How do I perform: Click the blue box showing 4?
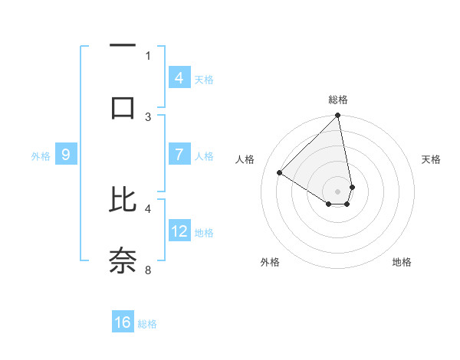179,77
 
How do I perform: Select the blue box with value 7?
179,155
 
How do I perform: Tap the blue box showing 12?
179,231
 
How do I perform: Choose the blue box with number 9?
66,155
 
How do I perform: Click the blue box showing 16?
123,322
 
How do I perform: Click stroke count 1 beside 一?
148,55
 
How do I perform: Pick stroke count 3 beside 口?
148,116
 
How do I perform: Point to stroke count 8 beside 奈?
148,269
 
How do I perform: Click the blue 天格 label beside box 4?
204,79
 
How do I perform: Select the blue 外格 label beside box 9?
41,156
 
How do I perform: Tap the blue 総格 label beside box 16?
148,324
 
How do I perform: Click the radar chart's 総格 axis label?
338,100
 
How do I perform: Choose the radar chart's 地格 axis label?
402,262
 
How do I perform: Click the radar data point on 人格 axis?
280,173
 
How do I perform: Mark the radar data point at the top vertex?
338,116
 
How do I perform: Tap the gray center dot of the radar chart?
338,191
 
